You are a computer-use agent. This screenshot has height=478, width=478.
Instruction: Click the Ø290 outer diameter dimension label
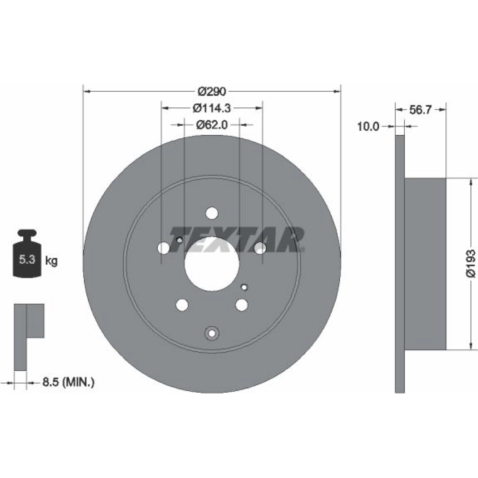pyautogui.click(x=212, y=91)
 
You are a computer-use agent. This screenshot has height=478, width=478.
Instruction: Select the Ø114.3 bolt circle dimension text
pyautogui.click(x=212, y=108)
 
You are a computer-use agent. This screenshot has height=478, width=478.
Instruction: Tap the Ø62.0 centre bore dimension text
pyautogui.click(x=212, y=125)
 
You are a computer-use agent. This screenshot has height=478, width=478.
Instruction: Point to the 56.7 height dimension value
pyautogui.click(x=420, y=110)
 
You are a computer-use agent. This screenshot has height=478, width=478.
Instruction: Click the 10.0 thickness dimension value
pyautogui.click(x=368, y=126)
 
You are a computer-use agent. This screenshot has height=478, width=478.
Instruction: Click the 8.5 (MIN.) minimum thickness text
pyautogui.click(x=68, y=382)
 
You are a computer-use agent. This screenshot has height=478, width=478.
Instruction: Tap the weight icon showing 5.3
pyautogui.click(x=27, y=254)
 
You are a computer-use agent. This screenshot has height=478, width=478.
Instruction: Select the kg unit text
pyautogui.click(x=51, y=261)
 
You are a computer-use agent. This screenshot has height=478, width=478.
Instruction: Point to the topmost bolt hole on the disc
pyautogui.click(x=212, y=213)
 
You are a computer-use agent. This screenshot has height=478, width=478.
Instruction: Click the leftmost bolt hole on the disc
pyautogui.click(x=164, y=248)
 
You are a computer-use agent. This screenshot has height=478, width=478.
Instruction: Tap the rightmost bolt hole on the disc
pyautogui.click(x=260, y=248)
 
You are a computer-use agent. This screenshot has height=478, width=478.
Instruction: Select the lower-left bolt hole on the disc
pyautogui.click(x=182, y=305)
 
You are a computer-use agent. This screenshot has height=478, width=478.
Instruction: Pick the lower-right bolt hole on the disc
pyautogui.click(x=242, y=305)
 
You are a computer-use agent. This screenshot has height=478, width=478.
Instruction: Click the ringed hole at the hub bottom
pyautogui.click(x=212, y=333)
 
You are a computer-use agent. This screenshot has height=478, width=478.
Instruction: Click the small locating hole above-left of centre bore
pyautogui.click(x=180, y=240)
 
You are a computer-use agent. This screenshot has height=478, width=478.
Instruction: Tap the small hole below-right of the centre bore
pyautogui.click(x=244, y=287)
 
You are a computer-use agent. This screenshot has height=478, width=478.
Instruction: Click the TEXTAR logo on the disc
pyautogui.click(x=237, y=239)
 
